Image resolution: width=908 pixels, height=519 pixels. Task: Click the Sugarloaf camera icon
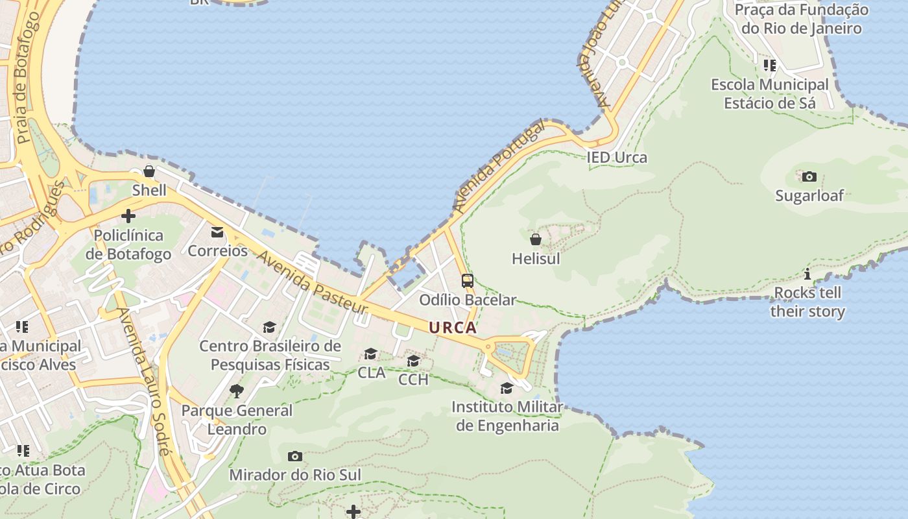[x=809, y=176]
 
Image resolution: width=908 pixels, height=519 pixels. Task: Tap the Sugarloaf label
[x=809, y=195]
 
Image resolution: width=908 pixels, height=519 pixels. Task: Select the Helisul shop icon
[x=536, y=239]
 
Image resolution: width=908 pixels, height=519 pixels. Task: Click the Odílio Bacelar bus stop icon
[x=468, y=281]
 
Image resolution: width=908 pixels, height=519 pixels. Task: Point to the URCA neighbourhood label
[x=453, y=328]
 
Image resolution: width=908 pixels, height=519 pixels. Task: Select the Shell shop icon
[x=149, y=171]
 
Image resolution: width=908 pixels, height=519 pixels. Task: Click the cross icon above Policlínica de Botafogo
[x=128, y=216]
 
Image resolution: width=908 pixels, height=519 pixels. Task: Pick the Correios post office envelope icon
[x=217, y=232]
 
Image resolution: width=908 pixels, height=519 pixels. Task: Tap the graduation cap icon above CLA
[x=371, y=354]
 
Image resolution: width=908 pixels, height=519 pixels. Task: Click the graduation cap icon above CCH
[x=413, y=361]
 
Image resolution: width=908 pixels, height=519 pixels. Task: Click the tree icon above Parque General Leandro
[x=237, y=391]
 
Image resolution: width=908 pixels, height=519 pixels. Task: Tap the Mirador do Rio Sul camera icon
[x=294, y=456]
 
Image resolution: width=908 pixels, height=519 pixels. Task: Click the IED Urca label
[x=617, y=158]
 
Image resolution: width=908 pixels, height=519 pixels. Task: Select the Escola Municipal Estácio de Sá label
[x=770, y=94]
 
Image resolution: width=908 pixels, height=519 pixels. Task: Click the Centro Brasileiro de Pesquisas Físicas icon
[x=269, y=328]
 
